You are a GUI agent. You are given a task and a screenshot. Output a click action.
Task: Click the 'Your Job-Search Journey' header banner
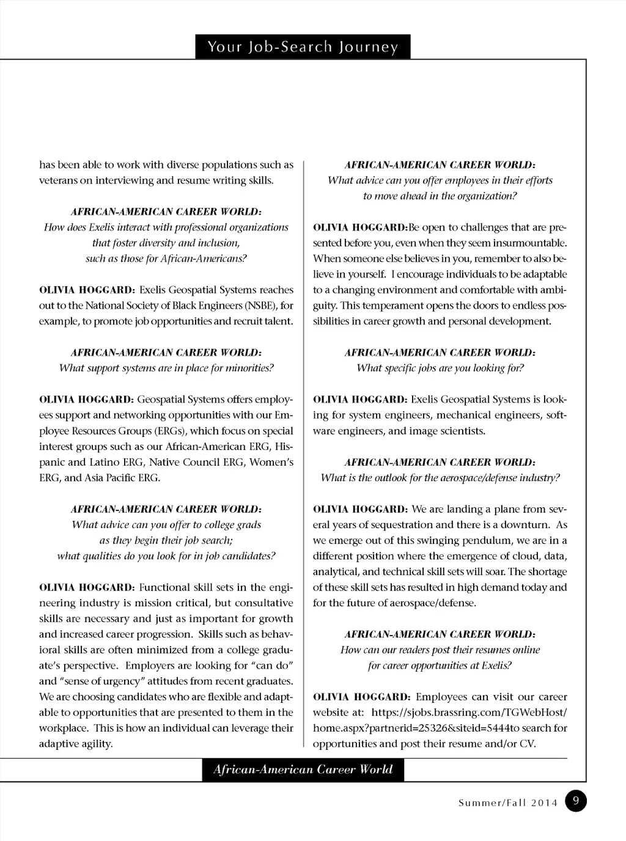coord(303,47)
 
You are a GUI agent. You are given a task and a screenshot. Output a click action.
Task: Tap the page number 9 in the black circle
coord(576,801)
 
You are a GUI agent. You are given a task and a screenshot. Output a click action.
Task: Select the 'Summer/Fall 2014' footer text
coord(508,803)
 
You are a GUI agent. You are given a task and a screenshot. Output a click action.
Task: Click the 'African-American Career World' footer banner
coord(303,769)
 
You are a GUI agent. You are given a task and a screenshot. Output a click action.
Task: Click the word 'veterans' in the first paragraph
coord(57,180)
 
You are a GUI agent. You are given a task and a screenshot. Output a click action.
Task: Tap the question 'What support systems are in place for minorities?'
coord(166,368)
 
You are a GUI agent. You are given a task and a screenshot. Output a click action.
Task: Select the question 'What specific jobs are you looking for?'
coord(440,368)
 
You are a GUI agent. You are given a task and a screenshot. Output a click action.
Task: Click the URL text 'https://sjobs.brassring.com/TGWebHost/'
coord(469,713)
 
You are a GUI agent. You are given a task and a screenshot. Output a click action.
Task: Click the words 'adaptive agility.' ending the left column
coord(76,744)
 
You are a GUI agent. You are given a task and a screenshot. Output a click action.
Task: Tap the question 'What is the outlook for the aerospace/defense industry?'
coord(440,478)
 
